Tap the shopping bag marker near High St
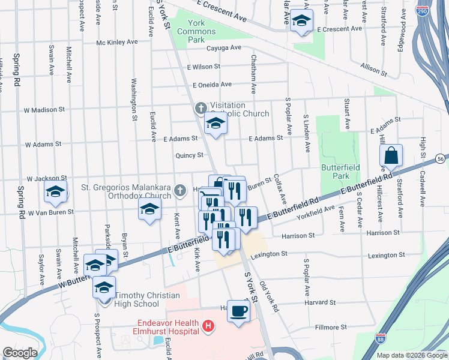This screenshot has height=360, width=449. click(391, 155)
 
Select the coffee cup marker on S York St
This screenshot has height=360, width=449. click(238, 311)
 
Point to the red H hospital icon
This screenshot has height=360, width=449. click(208, 326)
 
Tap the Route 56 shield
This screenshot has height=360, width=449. click(441, 158)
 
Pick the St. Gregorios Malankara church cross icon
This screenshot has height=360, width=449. click(179, 191)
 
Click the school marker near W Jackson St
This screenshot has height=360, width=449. click(55, 192)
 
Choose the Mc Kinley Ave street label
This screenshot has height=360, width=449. click(117, 43)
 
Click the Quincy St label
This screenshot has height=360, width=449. click(188, 155)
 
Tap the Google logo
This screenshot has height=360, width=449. click(20, 353)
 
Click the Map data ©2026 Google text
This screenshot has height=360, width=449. click(412, 355)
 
